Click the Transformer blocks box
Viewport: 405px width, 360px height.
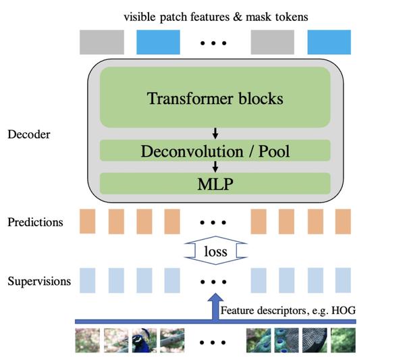tap(215, 98)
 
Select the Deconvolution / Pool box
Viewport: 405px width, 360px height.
tap(215, 151)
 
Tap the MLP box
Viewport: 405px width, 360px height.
tap(215, 184)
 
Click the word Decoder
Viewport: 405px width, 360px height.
tap(29, 134)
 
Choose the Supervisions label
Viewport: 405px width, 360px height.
tap(38, 280)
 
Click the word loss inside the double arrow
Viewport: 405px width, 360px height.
tap(214, 252)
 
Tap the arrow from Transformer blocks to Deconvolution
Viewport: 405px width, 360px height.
tap(215, 133)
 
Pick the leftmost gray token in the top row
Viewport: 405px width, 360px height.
tap(102, 43)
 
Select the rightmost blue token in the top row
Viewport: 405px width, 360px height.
tap(329, 43)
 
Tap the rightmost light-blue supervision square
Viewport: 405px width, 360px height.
tap(343, 280)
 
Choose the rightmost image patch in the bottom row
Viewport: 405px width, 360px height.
tap(343, 340)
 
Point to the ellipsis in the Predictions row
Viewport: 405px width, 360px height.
tap(215, 222)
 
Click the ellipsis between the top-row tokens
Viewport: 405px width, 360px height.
tap(215, 43)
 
